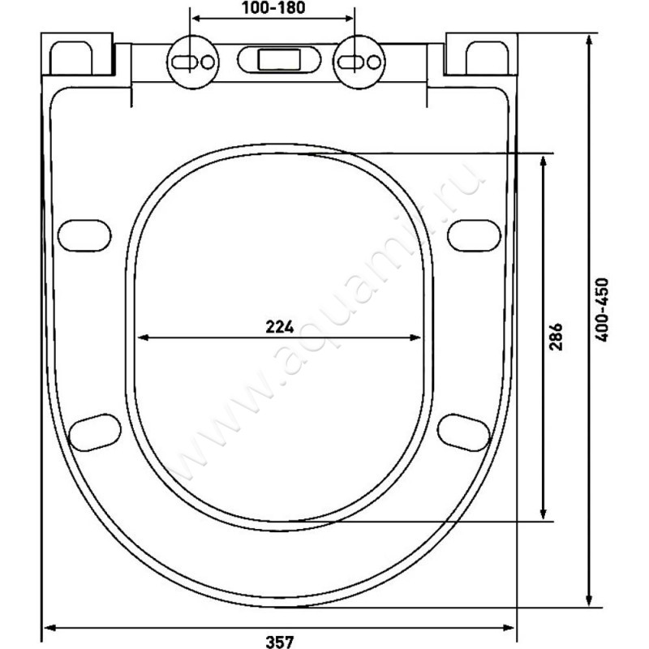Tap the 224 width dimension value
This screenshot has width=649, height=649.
click(278, 326)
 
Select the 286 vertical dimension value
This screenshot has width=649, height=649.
click(557, 335)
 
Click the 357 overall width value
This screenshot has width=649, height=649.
click(278, 640)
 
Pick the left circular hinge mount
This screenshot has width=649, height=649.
click(191, 62)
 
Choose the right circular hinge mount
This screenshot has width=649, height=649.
click(356, 62)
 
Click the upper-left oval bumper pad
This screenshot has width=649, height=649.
click(84, 235)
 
